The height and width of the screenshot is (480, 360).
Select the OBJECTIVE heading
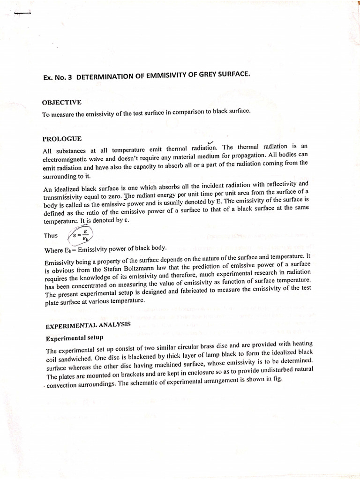[x=61, y=102]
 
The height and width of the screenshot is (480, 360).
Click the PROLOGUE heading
[x=62, y=139]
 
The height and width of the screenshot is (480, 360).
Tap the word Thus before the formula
[x=50, y=236]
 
